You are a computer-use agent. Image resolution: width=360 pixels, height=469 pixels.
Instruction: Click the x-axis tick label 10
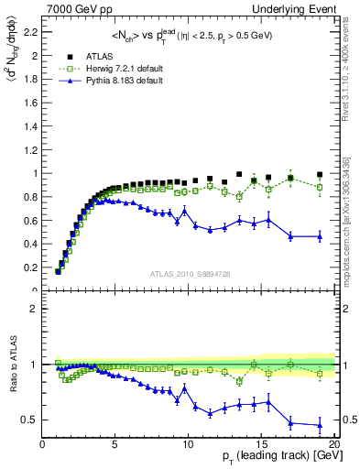pyautogui.click(x=188, y=444)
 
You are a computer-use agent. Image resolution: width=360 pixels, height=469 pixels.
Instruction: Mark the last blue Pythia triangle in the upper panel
pyautogui.click(x=319, y=236)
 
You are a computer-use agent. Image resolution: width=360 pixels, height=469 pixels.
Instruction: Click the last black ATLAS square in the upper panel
pyautogui.click(x=319, y=174)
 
